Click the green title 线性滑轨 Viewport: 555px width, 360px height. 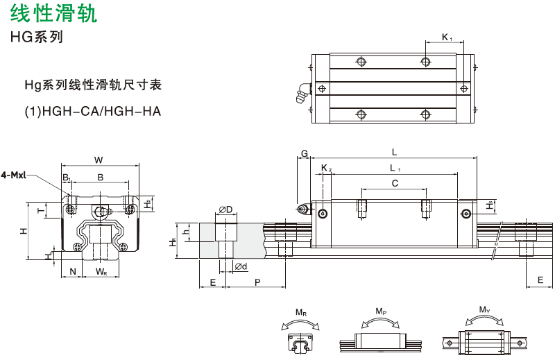click(x=53, y=14)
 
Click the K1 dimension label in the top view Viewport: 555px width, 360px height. click(x=447, y=37)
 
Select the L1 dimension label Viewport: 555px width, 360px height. click(x=393, y=168)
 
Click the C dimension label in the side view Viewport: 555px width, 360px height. click(x=394, y=184)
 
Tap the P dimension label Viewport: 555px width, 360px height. click(x=257, y=282)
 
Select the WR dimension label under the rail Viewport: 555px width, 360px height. click(x=101, y=271)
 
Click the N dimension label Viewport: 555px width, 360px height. click(x=73, y=271)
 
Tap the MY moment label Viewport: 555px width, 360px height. click(x=484, y=310)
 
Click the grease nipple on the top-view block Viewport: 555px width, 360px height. click(x=301, y=92)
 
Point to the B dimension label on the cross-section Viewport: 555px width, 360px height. click(x=101, y=178)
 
